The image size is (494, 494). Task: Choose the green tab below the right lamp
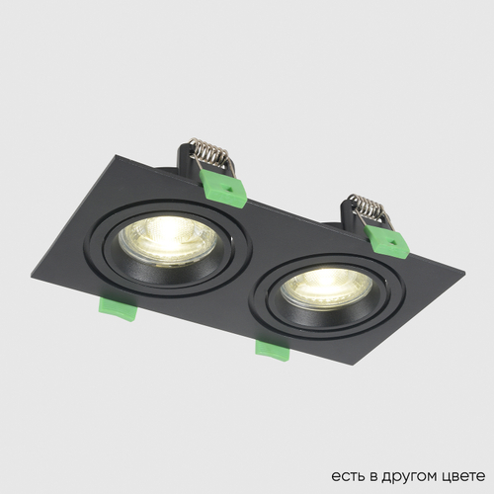(x=271, y=347)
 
